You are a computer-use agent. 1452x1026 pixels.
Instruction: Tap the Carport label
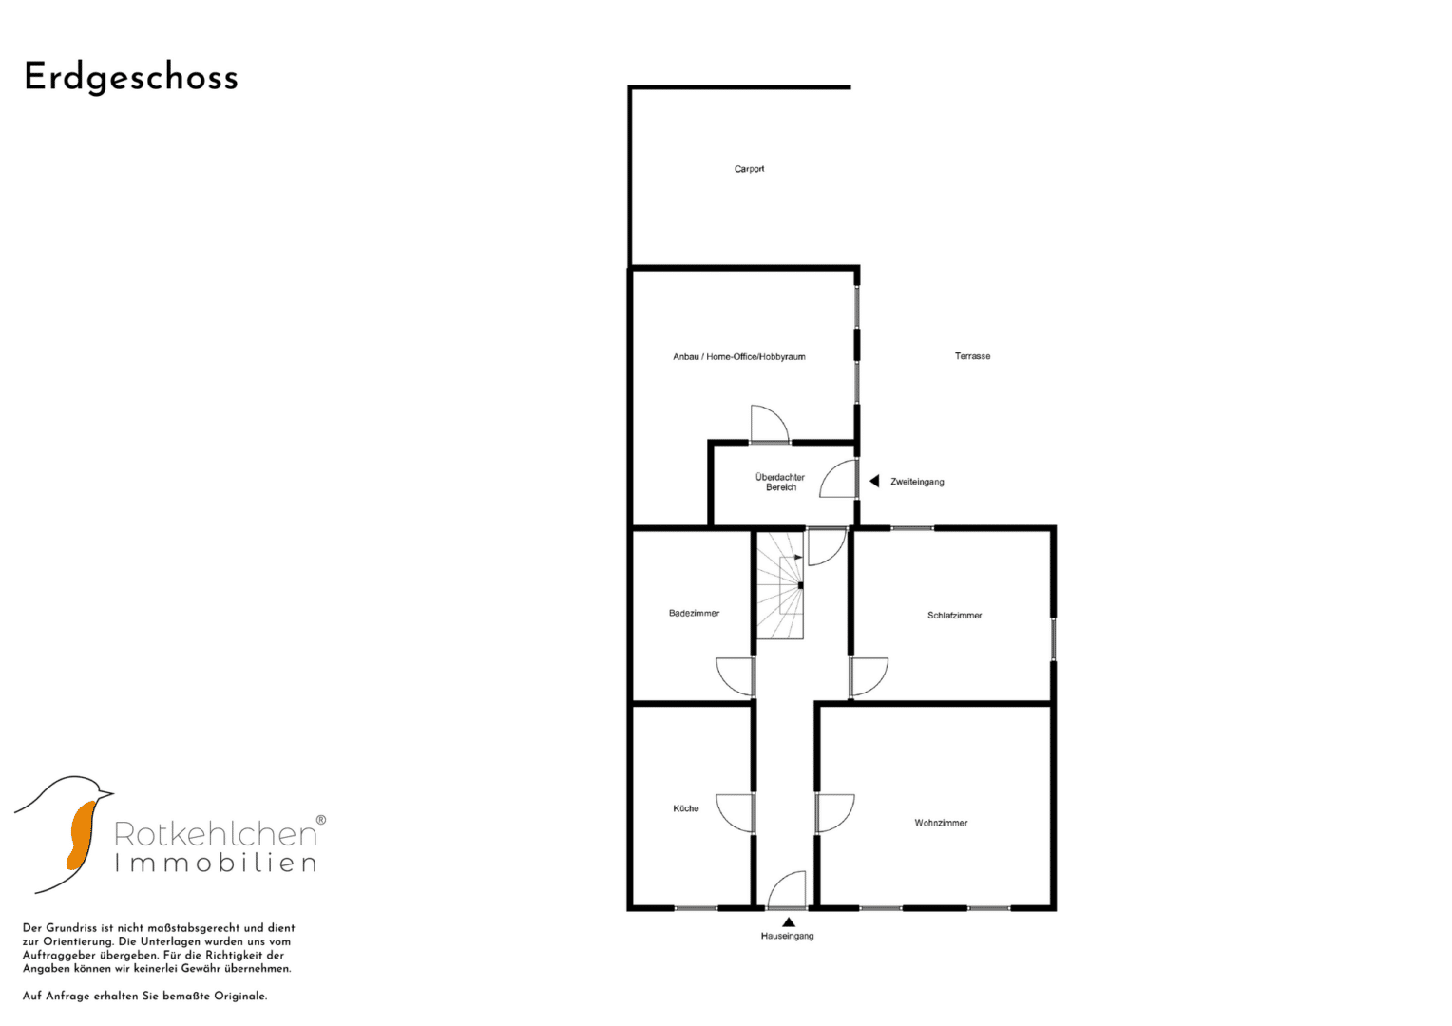[x=749, y=169]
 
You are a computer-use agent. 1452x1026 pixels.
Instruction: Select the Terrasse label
[x=972, y=356]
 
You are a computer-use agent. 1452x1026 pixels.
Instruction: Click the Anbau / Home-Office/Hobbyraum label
[x=739, y=356]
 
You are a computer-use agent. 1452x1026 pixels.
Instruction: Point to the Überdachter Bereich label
[x=780, y=483]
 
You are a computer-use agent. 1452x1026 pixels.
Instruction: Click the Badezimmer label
[x=695, y=613]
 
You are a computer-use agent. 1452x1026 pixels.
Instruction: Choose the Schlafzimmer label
[x=954, y=615]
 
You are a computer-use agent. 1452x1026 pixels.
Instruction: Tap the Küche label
[x=686, y=808]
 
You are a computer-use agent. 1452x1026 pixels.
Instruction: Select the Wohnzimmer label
[x=941, y=823]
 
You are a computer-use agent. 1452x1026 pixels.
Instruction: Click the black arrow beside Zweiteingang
[x=874, y=481]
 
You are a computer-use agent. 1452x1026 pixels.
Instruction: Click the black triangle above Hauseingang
[x=788, y=922]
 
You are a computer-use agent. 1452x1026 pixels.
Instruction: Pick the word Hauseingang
[x=787, y=936]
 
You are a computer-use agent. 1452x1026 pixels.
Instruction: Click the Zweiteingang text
[x=917, y=482]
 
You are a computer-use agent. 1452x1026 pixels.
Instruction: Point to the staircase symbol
[x=780, y=585]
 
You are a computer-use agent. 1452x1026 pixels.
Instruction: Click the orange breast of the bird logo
[x=81, y=835]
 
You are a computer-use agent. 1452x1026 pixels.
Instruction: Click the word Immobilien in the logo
[x=216, y=863]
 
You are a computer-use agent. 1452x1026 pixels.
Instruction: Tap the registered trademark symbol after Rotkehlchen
[x=321, y=820]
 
